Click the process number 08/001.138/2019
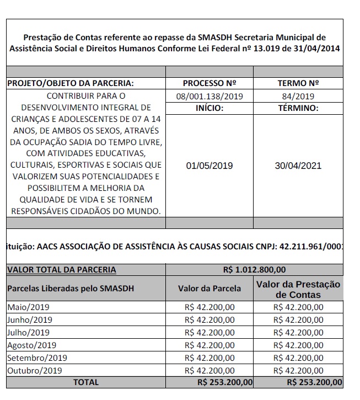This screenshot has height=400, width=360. (209, 96)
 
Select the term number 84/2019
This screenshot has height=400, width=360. (298, 96)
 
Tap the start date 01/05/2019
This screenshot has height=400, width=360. (209, 166)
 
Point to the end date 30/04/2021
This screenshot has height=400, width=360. (298, 166)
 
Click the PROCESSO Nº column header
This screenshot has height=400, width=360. (209, 83)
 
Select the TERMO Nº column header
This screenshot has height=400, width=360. (298, 83)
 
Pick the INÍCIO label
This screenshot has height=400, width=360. (209, 108)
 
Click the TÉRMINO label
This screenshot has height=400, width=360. (298, 108)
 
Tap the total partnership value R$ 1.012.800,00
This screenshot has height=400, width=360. (254, 270)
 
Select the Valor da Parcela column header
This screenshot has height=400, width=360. (209, 288)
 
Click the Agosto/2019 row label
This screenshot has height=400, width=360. (31, 345)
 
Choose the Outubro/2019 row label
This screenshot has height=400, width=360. (34, 371)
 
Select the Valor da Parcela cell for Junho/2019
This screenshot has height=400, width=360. (209, 320)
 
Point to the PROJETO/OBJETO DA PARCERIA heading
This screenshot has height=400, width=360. (70, 83)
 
